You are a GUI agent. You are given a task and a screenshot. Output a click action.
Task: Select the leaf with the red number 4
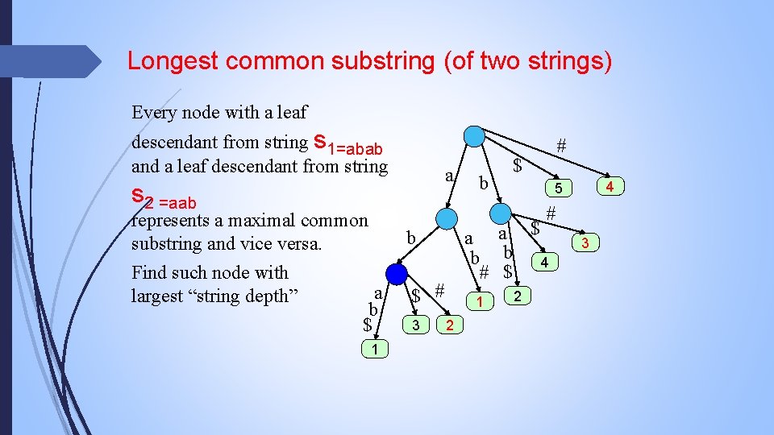click(x=610, y=188)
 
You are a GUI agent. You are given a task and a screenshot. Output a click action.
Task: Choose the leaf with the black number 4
click(x=545, y=263)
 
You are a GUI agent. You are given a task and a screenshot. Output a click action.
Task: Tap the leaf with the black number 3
click(x=415, y=325)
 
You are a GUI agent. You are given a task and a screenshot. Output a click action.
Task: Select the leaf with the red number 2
click(x=449, y=325)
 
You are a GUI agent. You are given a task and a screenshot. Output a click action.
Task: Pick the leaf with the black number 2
click(x=517, y=297)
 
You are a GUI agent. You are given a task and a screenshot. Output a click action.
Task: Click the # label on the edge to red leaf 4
click(x=561, y=146)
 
